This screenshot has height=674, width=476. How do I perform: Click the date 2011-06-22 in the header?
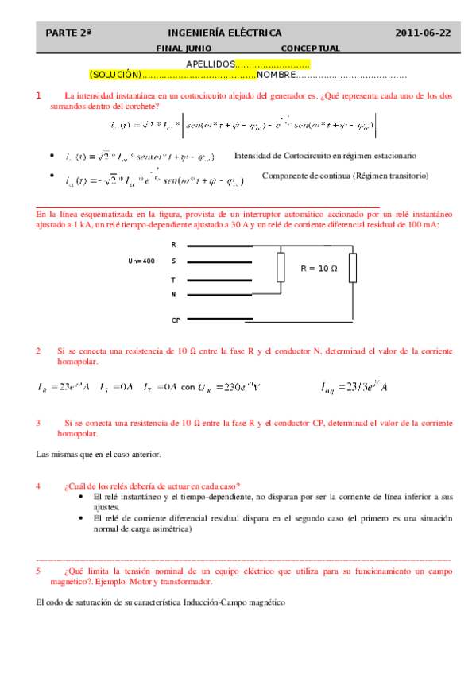click(423, 33)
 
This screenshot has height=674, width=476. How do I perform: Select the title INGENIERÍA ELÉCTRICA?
click(225, 33)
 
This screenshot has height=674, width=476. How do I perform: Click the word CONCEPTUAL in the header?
click(311, 48)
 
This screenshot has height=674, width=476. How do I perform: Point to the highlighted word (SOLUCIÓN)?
click(115, 75)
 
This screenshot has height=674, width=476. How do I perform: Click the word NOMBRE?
click(276, 75)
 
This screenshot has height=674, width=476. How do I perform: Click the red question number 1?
click(39, 95)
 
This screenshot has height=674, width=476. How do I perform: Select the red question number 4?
click(38, 486)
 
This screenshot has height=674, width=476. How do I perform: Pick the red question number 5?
click(38, 571)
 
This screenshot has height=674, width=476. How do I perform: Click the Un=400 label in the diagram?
click(141, 261)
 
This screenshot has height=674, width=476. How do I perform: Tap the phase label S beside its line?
click(173, 261)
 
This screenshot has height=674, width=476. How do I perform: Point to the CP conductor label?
click(176, 320)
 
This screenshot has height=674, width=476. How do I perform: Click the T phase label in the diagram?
click(173, 280)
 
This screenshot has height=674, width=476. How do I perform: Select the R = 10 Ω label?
click(319, 269)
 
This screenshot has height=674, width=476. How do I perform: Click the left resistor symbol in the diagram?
click(281, 268)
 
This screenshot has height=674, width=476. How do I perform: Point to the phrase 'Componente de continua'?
click(306, 175)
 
